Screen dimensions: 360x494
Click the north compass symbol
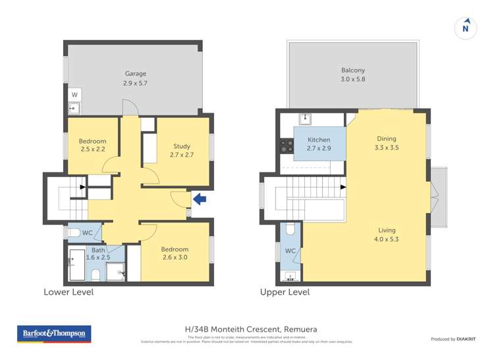point(466,28)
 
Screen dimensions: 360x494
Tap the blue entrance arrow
point(199,198)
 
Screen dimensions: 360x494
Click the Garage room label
point(135,78)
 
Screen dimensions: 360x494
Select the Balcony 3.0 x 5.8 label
point(352,74)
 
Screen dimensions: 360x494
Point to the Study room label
point(182,150)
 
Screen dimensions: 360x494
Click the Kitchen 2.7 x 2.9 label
point(319,143)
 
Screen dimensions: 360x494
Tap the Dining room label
point(387,143)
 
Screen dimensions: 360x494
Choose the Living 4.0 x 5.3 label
point(387,234)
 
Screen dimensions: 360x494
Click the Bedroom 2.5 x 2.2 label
point(92,145)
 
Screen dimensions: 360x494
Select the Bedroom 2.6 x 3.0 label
point(175,253)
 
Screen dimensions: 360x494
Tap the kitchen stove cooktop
point(287,147)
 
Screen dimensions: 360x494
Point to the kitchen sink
point(305,119)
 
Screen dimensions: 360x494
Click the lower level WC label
point(87,232)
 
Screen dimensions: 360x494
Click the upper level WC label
point(290,251)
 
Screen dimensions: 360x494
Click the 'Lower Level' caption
point(69,292)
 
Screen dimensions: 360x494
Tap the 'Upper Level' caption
point(285,292)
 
